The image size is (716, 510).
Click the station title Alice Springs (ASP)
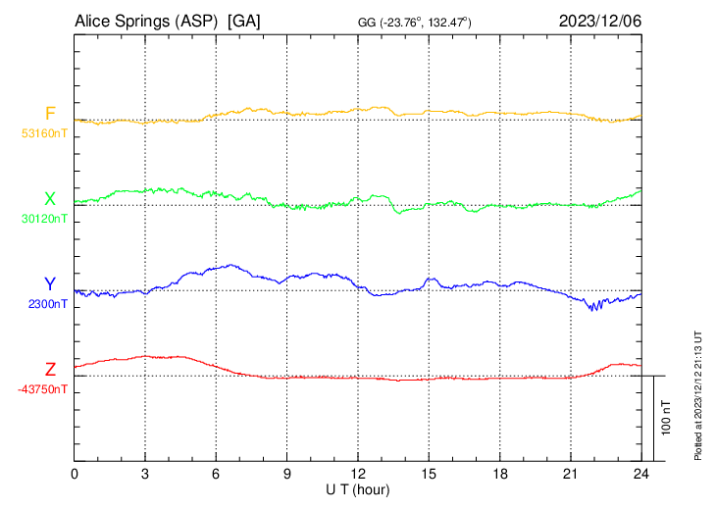[145, 21]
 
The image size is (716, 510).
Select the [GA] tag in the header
[244, 21]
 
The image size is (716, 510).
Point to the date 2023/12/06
[599, 21]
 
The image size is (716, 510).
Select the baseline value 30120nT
[44, 219]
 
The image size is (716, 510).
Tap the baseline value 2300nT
[48, 304]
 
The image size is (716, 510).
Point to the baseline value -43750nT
[42, 389]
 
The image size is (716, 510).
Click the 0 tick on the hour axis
[76, 474]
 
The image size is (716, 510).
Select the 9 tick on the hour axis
[287, 474]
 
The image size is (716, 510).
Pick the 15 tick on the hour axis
[429, 474]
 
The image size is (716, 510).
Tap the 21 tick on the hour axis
[571, 474]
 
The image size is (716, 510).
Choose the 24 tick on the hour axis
[641, 474]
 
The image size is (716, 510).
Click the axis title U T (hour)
[358, 488]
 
